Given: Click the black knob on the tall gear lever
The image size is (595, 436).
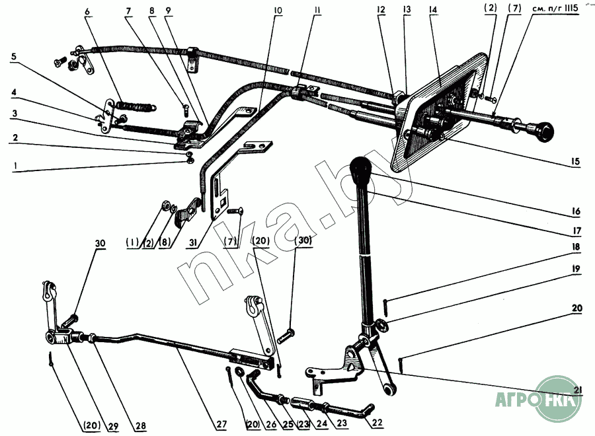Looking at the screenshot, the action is coord(360,171).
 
